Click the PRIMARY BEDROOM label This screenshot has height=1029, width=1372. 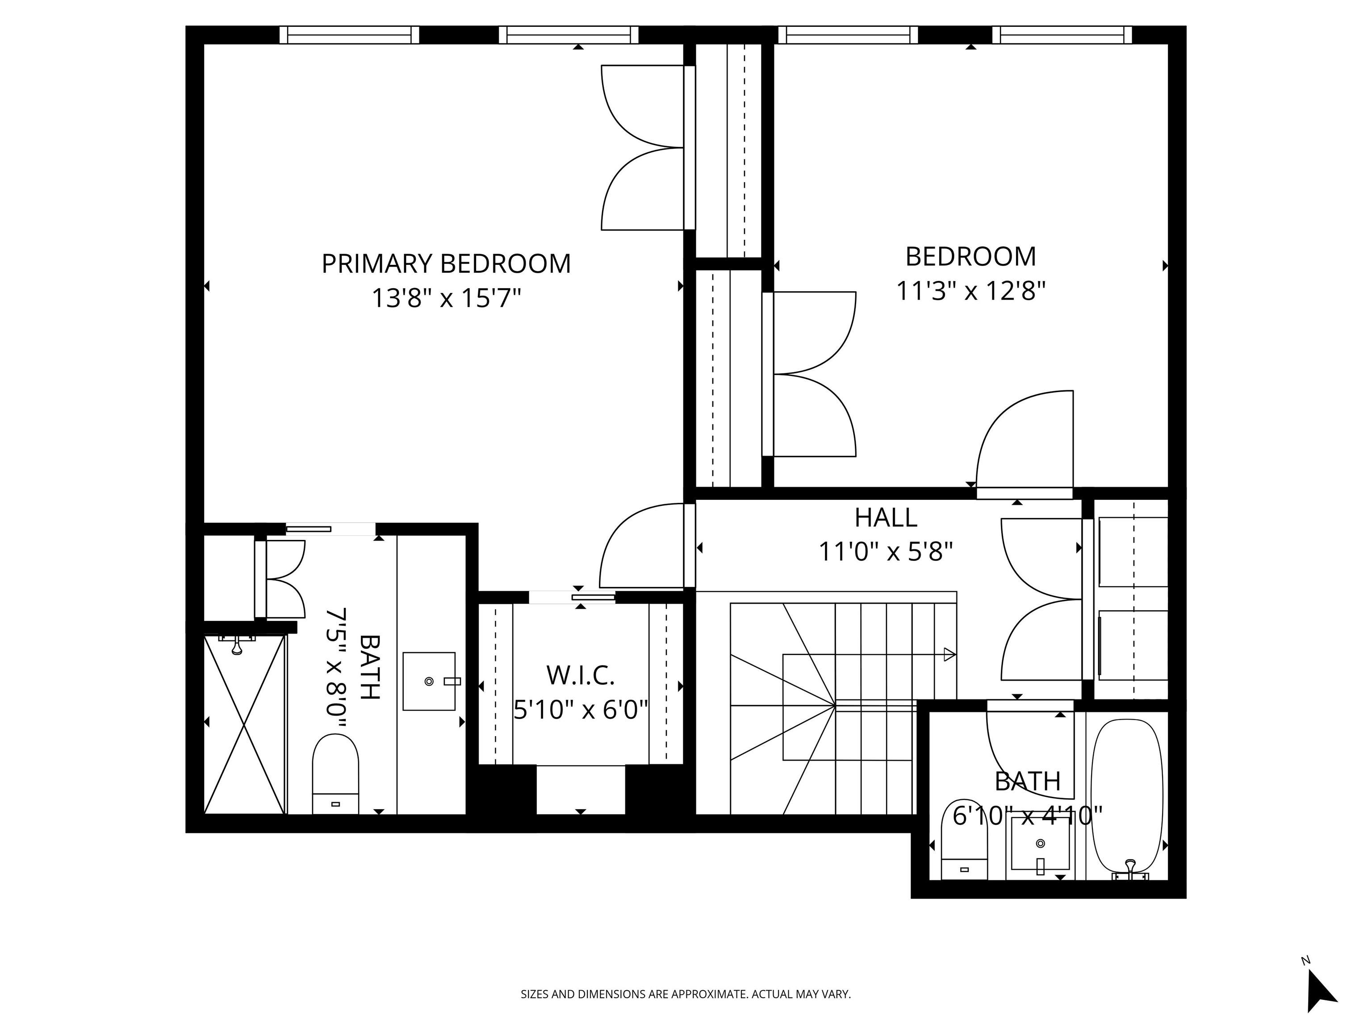pos(445,264)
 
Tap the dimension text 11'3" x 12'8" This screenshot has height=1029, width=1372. pos(970,290)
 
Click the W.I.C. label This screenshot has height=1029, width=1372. pos(580,675)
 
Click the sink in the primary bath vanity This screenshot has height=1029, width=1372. pos(429,681)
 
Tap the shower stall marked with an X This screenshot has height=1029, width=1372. pos(244,724)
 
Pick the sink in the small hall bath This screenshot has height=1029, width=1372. pos(1040,844)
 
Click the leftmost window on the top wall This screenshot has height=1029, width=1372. pos(349,35)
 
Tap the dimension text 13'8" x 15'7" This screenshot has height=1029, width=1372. pos(445,298)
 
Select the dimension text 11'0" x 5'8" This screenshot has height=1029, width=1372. pos(885,551)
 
